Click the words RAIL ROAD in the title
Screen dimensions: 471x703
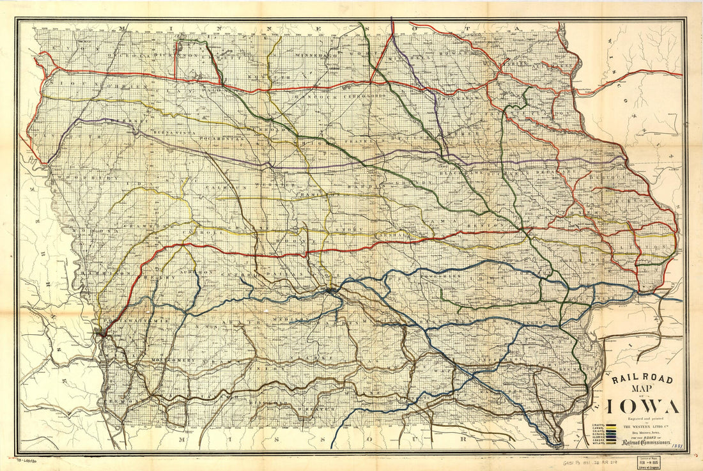642,380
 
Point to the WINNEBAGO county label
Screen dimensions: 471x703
314,56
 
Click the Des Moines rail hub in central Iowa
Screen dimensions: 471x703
329,291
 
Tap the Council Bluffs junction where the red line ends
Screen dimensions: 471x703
100,332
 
